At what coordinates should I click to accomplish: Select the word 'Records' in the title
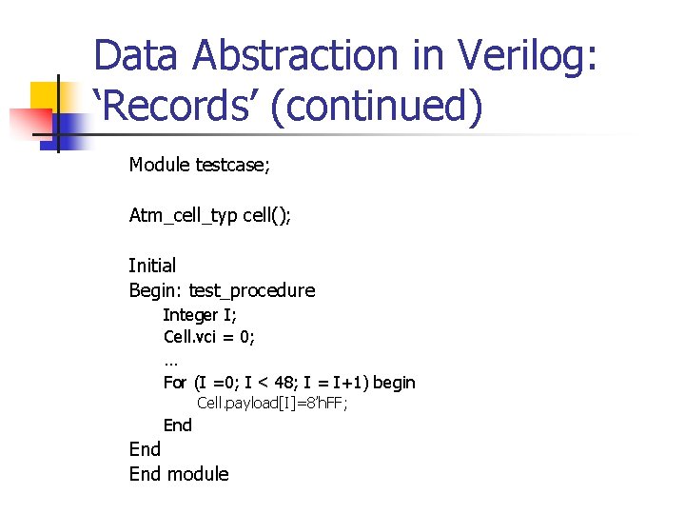click(177, 105)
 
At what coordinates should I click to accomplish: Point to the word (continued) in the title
click(376, 105)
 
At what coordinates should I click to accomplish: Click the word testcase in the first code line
click(233, 166)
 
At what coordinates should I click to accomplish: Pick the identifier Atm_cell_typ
click(183, 215)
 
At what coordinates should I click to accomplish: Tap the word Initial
click(152, 266)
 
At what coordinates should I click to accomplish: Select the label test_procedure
click(252, 290)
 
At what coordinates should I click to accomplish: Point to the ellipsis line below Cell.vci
click(171, 360)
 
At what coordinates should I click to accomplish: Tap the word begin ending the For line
click(394, 383)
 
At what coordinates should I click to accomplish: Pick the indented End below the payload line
click(178, 425)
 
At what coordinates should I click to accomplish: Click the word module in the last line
click(198, 474)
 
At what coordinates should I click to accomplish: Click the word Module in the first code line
click(160, 166)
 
